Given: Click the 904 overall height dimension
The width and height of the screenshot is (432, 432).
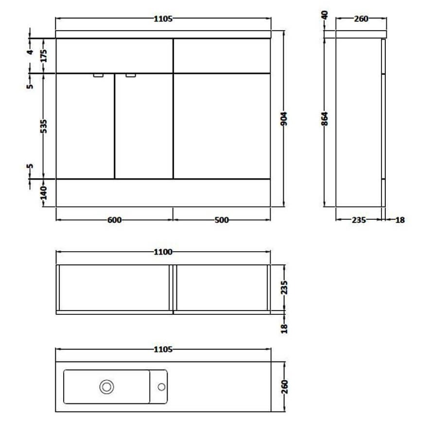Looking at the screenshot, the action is tap(284, 119).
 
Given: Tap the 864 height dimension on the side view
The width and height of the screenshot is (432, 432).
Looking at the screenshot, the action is tap(325, 119).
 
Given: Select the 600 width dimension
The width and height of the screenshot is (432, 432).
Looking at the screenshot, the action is tap(114, 220).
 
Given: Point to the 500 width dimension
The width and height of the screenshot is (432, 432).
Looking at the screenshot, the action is tap(222, 220).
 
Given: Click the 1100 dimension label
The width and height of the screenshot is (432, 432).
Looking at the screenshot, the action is tap(163, 252).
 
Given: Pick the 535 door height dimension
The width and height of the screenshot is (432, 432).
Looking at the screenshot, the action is tap(44, 126).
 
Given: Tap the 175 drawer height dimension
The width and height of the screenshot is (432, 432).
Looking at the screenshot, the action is tap(44, 56).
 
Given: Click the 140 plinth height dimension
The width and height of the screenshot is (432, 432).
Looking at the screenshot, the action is tap(44, 192).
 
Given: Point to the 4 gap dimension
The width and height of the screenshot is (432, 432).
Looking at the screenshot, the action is tap(30, 51).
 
